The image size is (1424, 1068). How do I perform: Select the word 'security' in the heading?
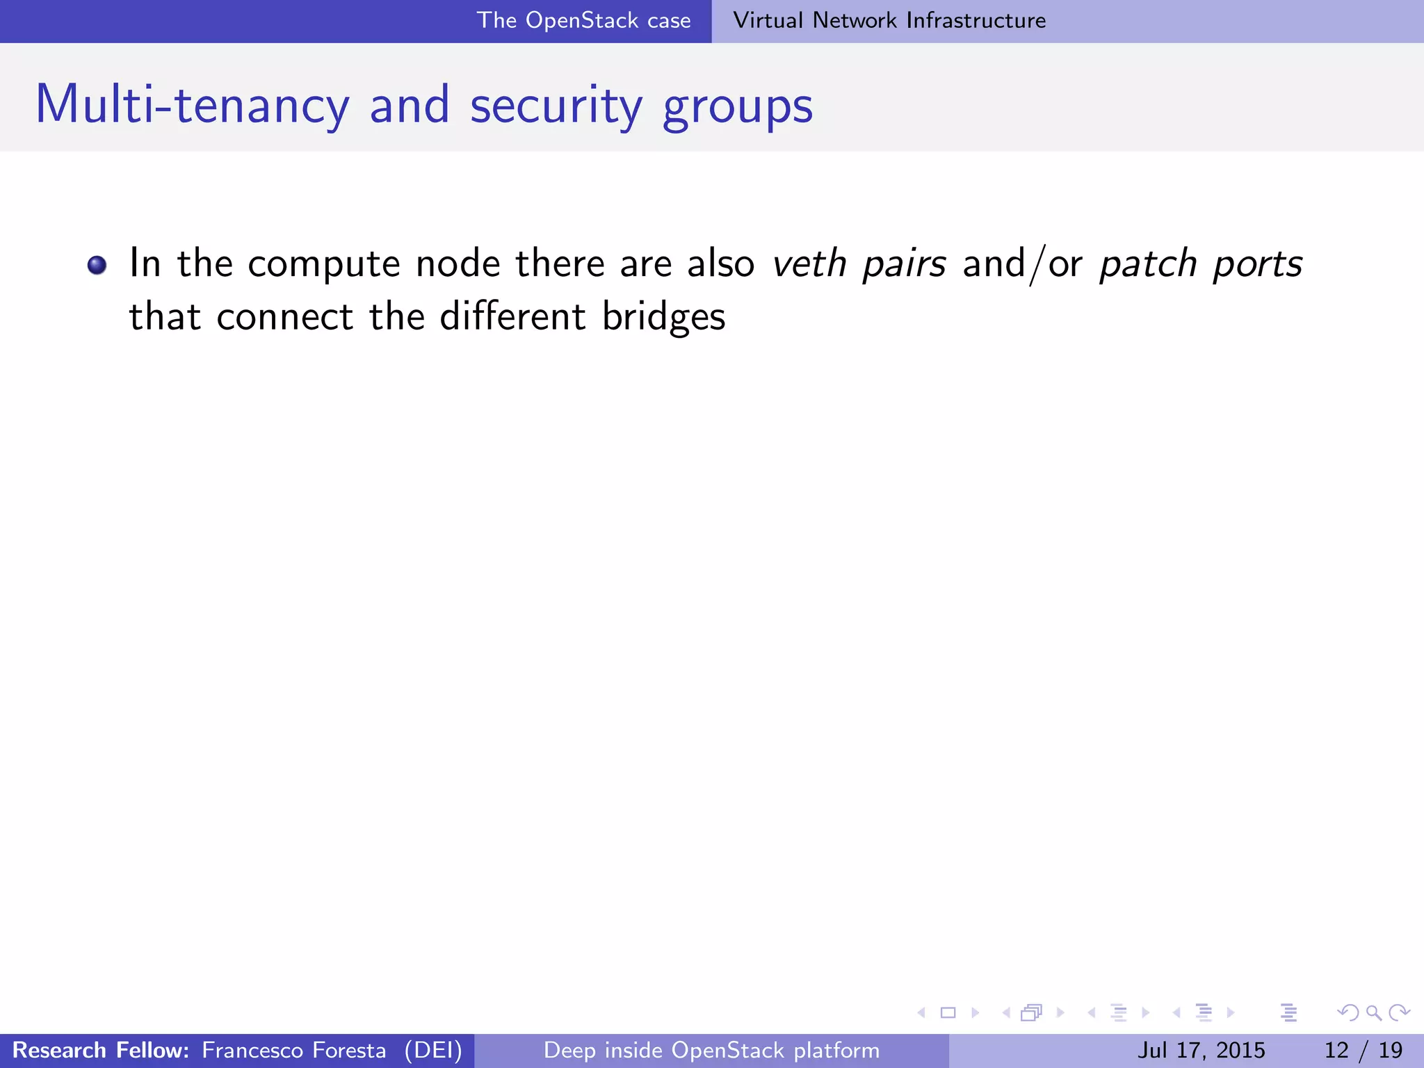click(x=556, y=106)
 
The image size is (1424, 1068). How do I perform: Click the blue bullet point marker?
click(x=97, y=265)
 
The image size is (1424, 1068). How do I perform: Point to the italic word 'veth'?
click(x=809, y=263)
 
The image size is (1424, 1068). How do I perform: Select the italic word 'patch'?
click(x=1148, y=264)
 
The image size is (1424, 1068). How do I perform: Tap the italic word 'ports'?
click(x=1257, y=264)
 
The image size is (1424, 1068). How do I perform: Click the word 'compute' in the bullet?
click(x=323, y=264)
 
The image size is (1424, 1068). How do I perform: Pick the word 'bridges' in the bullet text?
click(x=663, y=317)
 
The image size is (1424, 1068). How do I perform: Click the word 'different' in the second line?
click(x=512, y=316)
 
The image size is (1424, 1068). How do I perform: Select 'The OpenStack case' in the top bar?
click(x=583, y=20)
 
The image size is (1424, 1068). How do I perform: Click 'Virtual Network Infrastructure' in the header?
click(x=889, y=20)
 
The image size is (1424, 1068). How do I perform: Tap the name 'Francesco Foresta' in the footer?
click(x=293, y=1050)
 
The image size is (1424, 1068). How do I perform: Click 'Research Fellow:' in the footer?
click(x=101, y=1050)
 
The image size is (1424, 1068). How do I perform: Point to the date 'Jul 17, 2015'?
click(x=1201, y=1050)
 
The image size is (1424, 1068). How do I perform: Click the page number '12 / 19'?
click(x=1363, y=1050)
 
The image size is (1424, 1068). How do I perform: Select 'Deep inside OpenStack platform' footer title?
click(x=711, y=1050)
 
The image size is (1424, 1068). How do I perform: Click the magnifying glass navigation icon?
click(x=1373, y=1012)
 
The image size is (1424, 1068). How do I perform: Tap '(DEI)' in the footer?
click(x=433, y=1050)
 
